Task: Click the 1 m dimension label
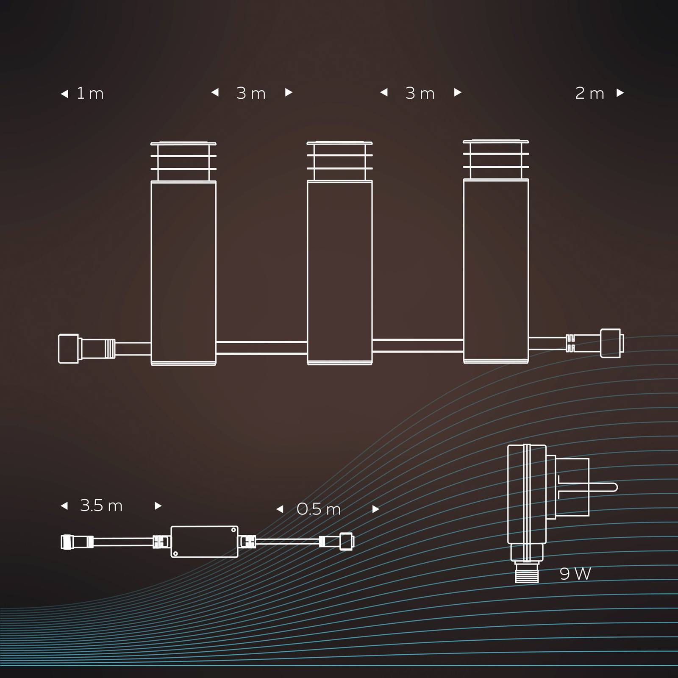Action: tap(90, 94)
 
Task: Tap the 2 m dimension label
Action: tap(589, 94)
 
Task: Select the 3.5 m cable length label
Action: tap(101, 506)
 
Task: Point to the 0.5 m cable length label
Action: tap(319, 509)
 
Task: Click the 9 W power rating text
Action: tap(575, 574)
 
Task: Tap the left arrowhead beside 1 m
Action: tap(64, 94)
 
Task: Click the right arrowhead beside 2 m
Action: tap(620, 93)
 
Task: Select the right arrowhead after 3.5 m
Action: tap(158, 506)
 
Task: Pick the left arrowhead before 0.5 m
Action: tap(280, 509)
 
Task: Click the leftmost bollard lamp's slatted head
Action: tap(183, 161)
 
